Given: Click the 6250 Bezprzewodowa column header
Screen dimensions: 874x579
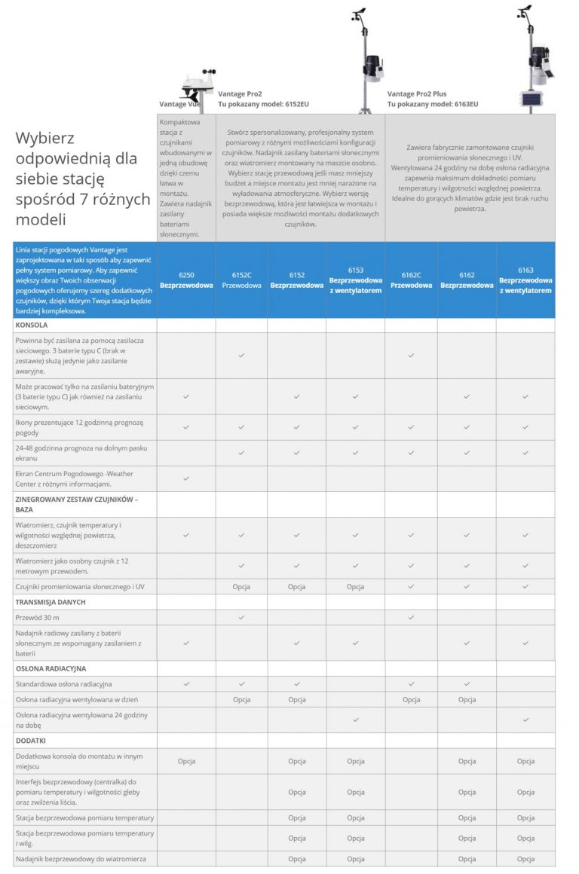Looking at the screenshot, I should [186, 280].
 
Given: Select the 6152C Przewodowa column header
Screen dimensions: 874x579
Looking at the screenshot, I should [241, 280].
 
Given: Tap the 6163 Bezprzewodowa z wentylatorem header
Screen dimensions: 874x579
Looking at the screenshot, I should [525, 280].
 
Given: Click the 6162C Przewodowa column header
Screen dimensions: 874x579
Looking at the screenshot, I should [411, 280].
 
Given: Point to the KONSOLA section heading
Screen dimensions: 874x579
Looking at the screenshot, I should [31, 325].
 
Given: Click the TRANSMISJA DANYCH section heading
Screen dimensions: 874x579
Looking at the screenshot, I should [50, 602].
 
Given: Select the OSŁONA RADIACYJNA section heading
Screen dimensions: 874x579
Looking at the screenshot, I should [51, 668].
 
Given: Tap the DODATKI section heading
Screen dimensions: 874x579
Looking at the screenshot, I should [31, 740].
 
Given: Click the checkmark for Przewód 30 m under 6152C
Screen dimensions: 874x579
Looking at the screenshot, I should [241, 617].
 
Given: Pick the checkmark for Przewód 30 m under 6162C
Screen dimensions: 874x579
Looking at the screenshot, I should [411, 617].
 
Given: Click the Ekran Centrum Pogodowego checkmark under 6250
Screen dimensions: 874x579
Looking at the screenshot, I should [186, 478].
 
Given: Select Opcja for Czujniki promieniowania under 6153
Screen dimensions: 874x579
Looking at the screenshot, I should [356, 586].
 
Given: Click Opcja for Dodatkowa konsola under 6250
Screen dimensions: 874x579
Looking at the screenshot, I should [186, 761].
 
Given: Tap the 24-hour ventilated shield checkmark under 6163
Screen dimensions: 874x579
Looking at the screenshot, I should [525, 720].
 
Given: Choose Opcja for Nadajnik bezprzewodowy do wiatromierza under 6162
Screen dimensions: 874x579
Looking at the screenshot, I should [467, 859].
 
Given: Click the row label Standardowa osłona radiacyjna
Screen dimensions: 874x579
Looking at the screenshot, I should [64, 684].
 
